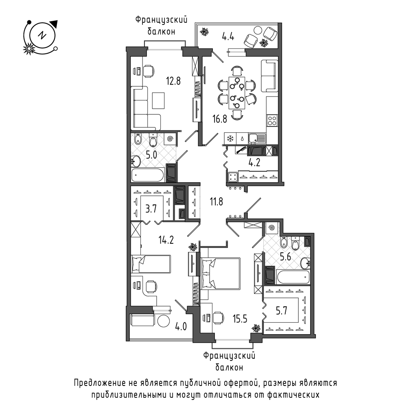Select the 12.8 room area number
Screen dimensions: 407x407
point(173,80)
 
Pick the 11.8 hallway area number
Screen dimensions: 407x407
point(215,200)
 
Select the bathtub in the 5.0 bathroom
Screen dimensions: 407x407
point(148,175)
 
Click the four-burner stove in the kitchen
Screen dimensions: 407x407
point(272,120)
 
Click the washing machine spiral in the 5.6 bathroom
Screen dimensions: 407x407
point(272,229)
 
